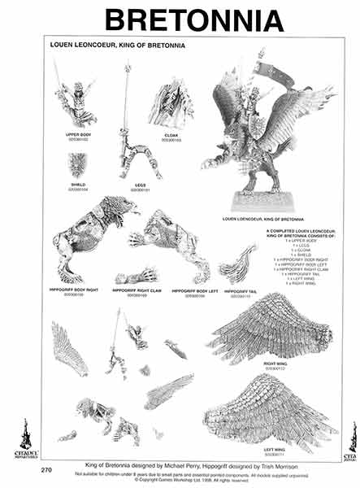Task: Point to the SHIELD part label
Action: click(78, 183)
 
